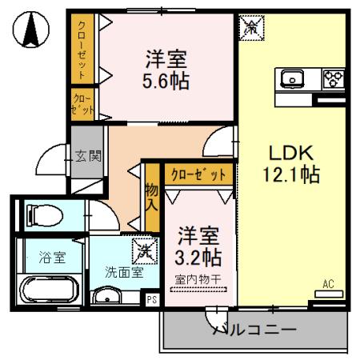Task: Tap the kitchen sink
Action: [x=290, y=78]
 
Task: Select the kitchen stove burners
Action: [x=332, y=78]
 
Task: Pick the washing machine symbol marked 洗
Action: [x=144, y=250]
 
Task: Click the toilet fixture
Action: [x=40, y=214]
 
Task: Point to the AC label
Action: [x=329, y=283]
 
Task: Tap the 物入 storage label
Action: [x=151, y=197]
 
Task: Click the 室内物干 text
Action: [x=198, y=279]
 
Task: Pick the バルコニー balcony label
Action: [x=254, y=329]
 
